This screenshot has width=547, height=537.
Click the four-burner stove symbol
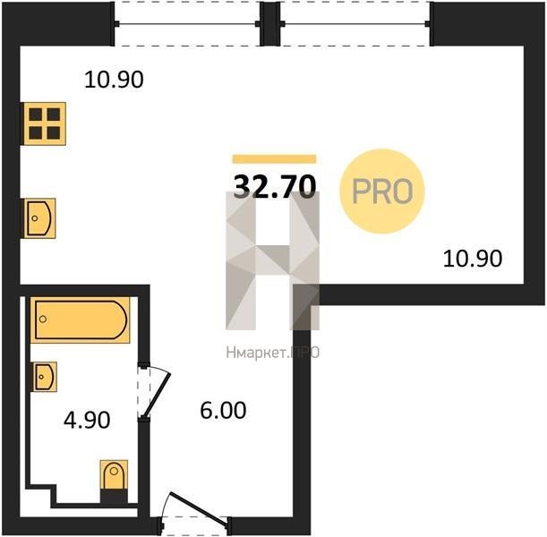pyautogui.click(x=44, y=124)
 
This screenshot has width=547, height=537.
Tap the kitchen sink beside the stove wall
pyautogui.click(x=39, y=218)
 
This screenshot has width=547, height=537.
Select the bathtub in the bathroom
pyautogui.click(x=80, y=320)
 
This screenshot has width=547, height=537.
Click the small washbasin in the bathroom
pyautogui.click(x=44, y=377)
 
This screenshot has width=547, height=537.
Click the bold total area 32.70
pyautogui.click(x=275, y=186)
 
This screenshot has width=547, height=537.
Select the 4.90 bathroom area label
pyautogui.click(x=87, y=420)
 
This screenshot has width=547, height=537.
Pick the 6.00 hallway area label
pyautogui.click(x=223, y=410)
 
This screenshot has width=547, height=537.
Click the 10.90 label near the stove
pyautogui.click(x=114, y=79)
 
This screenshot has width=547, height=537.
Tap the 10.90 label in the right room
pyautogui.click(x=473, y=259)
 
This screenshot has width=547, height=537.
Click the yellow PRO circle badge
pyautogui.click(x=382, y=192)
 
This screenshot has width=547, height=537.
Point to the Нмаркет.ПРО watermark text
pyautogui.click(x=272, y=353)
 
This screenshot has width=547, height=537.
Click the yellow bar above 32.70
pyautogui.click(x=274, y=159)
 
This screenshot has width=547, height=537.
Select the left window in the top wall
pyautogui.click(x=187, y=23)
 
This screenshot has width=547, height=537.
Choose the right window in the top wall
pyautogui.click(x=355, y=23)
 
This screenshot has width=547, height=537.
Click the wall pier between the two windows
pyautogui.click(x=270, y=23)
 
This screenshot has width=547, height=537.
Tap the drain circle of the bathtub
pyautogui.click(x=43, y=319)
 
